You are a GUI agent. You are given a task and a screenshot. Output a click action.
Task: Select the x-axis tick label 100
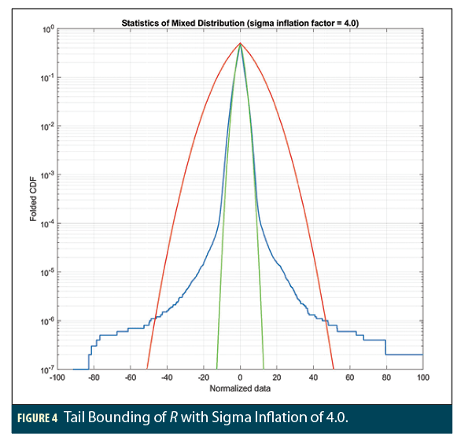423,378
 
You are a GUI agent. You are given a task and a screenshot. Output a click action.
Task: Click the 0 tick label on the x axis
241,378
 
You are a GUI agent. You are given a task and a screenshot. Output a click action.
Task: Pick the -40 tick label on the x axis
167,378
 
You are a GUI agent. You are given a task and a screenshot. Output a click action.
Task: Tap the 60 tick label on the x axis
350,378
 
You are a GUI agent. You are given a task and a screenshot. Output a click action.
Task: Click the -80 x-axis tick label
94,378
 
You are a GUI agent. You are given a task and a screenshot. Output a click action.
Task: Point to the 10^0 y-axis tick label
46,30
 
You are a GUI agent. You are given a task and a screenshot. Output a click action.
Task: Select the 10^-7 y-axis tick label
46,369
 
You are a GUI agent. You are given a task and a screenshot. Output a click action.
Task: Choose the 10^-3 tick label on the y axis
46,175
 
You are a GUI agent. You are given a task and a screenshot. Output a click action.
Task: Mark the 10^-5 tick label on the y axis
46,272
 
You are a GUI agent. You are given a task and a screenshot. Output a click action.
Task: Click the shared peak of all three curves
240,44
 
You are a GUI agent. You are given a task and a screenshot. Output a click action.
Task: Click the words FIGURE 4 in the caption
37,417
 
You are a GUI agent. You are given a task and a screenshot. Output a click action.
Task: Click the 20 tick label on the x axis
277,378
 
